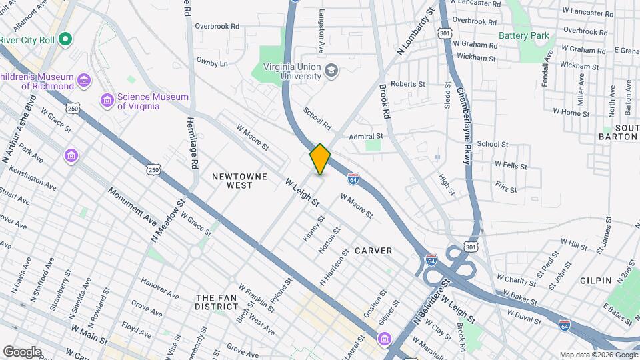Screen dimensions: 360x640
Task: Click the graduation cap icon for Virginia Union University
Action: click(x=331, y=71)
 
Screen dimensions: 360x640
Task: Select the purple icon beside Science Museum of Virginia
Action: click(x=107, y=101)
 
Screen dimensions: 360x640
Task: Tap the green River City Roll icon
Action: click(x=65, y=39)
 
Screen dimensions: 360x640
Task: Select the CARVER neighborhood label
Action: click(x=373, y=251)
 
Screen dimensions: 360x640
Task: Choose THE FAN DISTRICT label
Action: click(x=217, y=302)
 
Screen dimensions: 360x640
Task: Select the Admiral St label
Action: click(x=366, y=136)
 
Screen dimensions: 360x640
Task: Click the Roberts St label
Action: click(x=407, y=84)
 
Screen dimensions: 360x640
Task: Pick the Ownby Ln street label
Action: click(x=212, y=62)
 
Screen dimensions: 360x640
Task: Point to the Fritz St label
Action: click(x=505, y=189)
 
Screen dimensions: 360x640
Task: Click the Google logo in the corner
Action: click(x=22, y=351)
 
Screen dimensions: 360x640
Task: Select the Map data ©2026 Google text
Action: click(x=598, y=355)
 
